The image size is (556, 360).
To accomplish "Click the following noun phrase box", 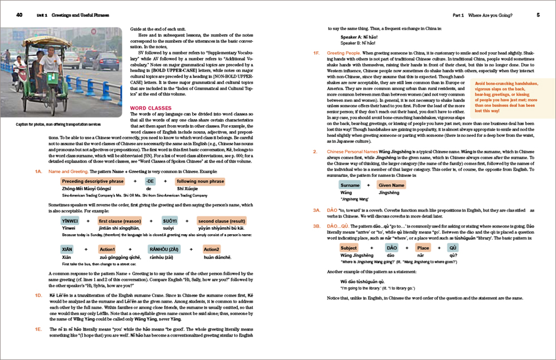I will pos(200,181).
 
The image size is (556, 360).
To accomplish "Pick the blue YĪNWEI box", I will pos(69,221).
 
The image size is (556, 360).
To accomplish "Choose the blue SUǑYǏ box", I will pos(170,221).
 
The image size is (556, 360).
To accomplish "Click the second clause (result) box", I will pos(222,221).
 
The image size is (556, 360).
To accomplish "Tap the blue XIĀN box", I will pos(67,249).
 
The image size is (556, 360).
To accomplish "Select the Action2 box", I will pos(212,249).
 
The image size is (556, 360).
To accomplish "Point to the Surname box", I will pos(350,185).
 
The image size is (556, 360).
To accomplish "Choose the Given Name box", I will pos(391,185).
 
